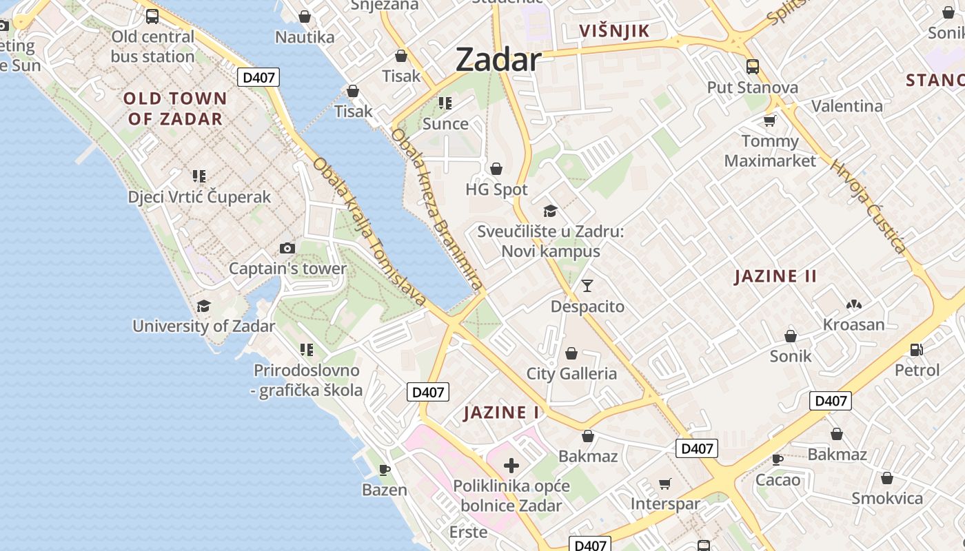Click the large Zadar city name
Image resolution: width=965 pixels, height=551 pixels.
tap(498, 60)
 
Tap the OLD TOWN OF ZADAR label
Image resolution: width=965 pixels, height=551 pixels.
tap(175, 108)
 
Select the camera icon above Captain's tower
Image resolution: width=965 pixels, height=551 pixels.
tap(287, 248)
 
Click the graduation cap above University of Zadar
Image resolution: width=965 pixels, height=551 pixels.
tap(203, 306)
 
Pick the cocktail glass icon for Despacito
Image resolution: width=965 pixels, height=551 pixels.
tap(587, 285)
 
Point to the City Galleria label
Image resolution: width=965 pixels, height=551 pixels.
tap(571, 373)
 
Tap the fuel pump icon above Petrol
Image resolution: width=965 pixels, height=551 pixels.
tap(916, 350)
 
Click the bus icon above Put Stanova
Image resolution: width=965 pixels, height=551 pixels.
tap(753, 67)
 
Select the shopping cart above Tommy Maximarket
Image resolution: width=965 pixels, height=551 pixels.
tap(769, 121)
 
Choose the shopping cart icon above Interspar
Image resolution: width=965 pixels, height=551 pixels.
tap(664, 484)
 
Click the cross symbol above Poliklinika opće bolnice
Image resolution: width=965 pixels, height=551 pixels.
tap(511, 466)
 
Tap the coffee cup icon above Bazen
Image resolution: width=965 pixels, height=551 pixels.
tap(385, 470)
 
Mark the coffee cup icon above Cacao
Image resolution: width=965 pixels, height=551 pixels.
tap(778, 459)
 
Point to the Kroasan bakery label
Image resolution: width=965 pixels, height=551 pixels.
tap(853, 324)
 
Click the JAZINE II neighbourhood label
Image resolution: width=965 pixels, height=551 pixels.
tap(775, 277)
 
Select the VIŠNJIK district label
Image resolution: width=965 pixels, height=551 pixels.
tap(615, 31)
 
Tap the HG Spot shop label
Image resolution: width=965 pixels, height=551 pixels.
tap(496, 189)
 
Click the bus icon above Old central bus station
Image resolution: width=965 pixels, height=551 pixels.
tap(152, 17)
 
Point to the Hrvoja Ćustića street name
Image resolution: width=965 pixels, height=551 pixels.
tap(868, 206)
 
